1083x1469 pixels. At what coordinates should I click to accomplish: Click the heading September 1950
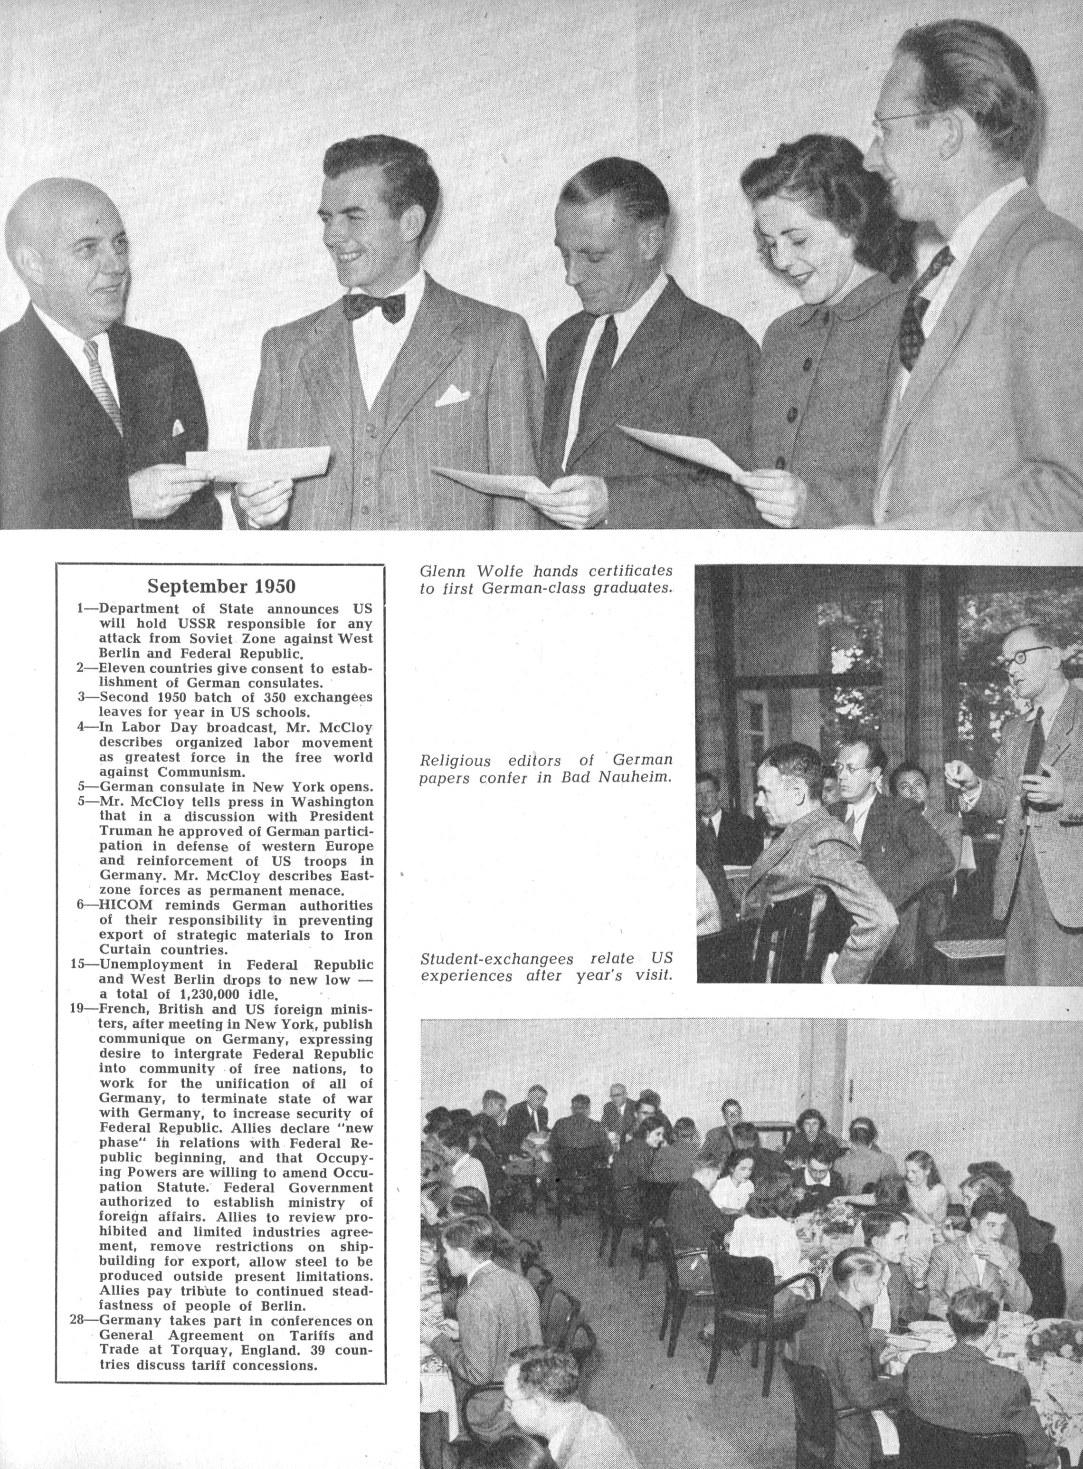pos(221,585)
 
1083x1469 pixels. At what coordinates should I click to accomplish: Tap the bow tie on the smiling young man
pos(374,306)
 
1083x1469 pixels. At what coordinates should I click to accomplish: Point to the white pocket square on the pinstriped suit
pos(452,395)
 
